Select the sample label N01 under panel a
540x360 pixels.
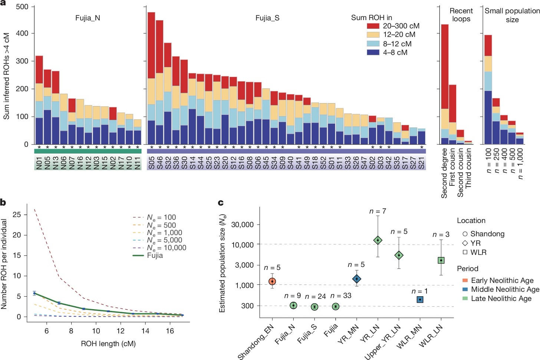pyautogui.click(x=39, y=163)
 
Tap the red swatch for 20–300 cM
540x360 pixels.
pyautogui.click(x=373, y=26)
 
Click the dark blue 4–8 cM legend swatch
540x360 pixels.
pyautogui.click(x=373, y=53)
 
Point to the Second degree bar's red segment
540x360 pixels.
pyautogui.click(x=444, y=67)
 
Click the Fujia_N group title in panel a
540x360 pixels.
pyautogui.click(x=88, y=18)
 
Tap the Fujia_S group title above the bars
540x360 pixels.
pyautogui.click(x=267, y=18)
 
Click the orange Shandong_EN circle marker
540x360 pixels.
pyautogui.click(x=272, y=281)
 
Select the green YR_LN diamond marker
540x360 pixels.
pyautogui.click(x=378, y=240)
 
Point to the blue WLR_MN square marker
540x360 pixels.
pyautogui.click(x=420, y=300)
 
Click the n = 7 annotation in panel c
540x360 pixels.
pyautogui.click(x=378, y=211)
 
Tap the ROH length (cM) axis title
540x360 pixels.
pyautogui.click(x=108, y=344)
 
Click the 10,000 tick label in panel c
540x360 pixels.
pyautogui.click(x=243, y=245)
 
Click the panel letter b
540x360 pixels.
pyautogui.click(x=3, y=202)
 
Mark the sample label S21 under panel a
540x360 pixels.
pyautogui.click(x=421, y=163)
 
